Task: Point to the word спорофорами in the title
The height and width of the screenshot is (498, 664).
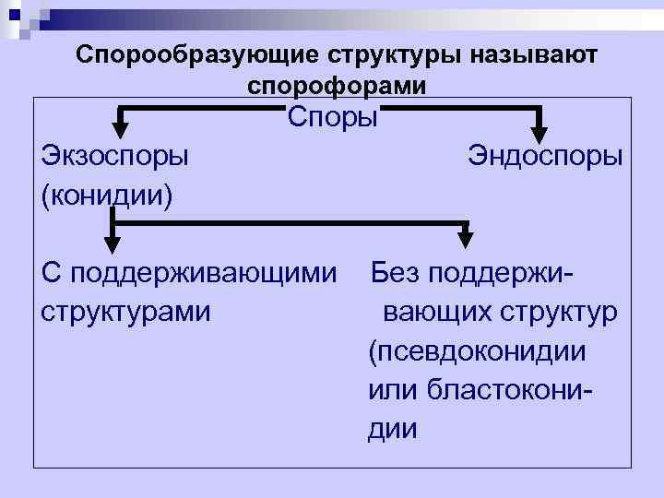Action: coord(337,86)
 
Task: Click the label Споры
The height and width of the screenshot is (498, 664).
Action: coord(332,117)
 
